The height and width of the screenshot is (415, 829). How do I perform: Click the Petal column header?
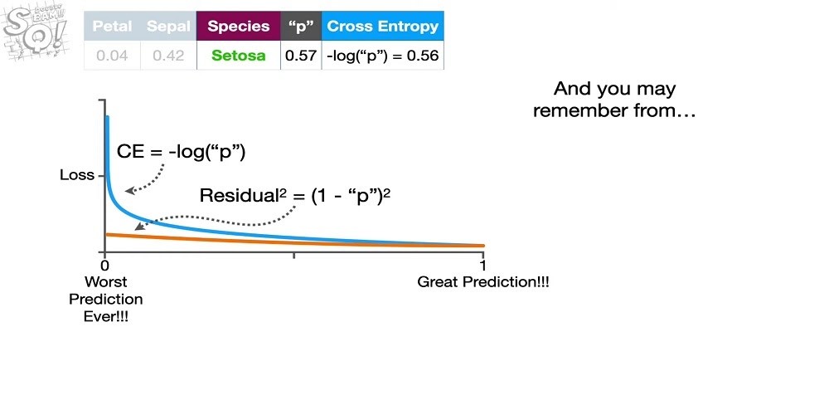click(x=112, y=26)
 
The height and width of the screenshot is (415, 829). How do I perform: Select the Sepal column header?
click(x=168, y=26)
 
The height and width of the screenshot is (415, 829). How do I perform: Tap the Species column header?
click(x=239, y=26)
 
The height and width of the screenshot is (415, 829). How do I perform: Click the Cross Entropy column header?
click(x=383, y=26)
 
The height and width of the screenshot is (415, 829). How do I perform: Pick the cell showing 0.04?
click(x=112, y=55)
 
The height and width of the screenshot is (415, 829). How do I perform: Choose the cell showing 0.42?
click(x=168, y=55)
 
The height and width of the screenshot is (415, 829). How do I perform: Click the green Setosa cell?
click(x=239, y=55)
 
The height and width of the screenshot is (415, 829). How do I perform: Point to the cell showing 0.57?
click(x=301, y=55)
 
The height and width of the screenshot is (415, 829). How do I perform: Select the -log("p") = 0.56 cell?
click(x=383, y=55)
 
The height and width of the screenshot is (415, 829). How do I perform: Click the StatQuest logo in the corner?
click(x=36, y=33)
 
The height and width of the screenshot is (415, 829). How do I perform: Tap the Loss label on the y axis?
click(x=77, y=174)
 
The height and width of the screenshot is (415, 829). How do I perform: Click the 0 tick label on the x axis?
click(x=104, y=266)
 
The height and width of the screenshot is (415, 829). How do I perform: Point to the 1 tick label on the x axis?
click(x=482, y=266)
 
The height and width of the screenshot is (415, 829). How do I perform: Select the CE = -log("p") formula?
click(x=182, y=152)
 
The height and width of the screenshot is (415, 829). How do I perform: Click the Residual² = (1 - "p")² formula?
click(x=295, y=195)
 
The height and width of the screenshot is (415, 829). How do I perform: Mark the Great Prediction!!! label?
click(x=483, y=282)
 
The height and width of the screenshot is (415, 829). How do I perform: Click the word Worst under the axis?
click(x=106, y=281)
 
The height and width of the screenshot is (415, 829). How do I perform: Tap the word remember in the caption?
click(x=578, y=111)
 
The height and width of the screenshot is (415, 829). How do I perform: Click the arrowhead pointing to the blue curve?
click(x=128, y=191)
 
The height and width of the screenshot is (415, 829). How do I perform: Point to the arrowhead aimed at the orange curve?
click(x=138, y=227)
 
